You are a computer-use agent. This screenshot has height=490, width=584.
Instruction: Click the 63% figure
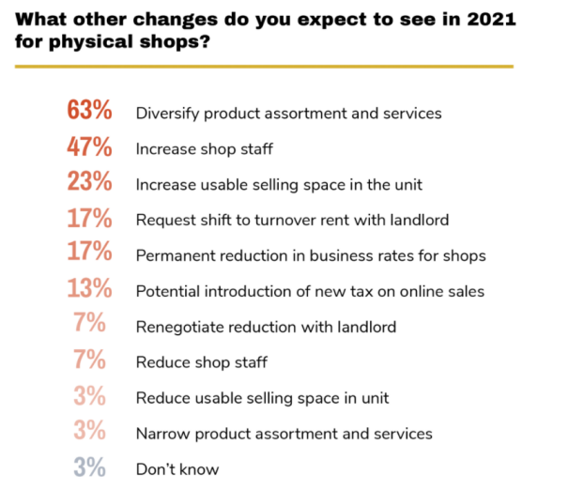pyautogui.click(x=90, y=112)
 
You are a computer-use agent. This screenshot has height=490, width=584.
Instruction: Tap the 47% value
pyautogui.click(x=90, y=147)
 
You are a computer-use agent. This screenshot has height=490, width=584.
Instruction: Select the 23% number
pyautogui.click(x=90, y=183)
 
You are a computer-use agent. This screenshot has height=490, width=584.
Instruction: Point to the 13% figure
pyautogui.click(x=90, y=290)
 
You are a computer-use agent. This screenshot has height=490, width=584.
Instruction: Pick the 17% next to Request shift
pyautogui.click(x=90, y=219)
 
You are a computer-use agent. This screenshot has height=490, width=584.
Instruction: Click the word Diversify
pyautogui.click(x=169, y=113)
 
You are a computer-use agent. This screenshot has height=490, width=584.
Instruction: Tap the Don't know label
pyautogui.click(x=177, y=469)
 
